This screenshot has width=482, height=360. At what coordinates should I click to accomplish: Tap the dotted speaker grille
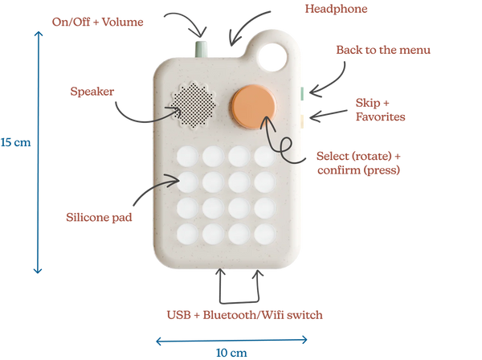(193, 104)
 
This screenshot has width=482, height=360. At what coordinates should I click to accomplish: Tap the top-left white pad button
(189, 154)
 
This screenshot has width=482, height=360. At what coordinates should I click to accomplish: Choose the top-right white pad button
(266, 154)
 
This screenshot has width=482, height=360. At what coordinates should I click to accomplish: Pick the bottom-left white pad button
(189, 234)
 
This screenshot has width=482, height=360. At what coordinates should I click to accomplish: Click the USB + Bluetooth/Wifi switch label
(244, 315)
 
